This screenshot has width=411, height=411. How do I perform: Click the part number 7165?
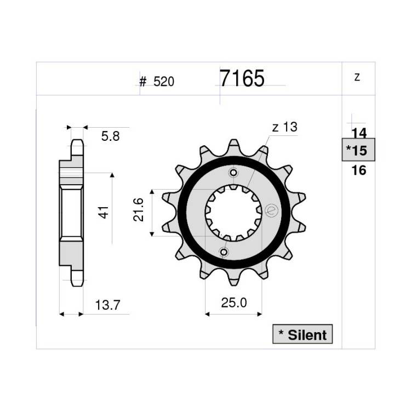pos(242,78)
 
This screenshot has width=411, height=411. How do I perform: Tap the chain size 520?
pos(164,82)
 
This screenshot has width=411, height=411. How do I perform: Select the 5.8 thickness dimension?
pos(110,136)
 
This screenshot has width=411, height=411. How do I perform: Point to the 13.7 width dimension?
pos(107,305)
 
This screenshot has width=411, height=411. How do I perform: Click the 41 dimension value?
pos(104,212)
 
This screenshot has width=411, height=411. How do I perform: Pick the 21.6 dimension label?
pos(139,210)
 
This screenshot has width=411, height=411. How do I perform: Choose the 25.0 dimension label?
pos(234,303)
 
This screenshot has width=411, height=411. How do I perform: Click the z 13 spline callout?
pos(284,127)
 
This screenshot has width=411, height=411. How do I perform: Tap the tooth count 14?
pos(359,133)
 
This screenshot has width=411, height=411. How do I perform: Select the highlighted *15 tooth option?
pos(358,150)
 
